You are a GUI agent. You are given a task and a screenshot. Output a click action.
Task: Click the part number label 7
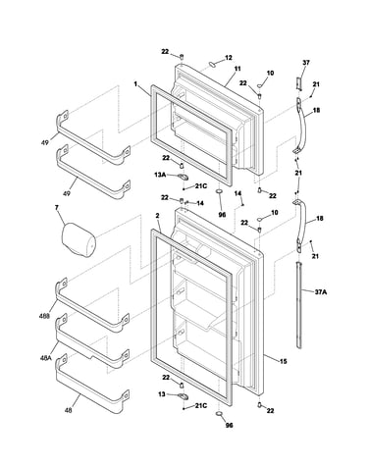tap(57, 208)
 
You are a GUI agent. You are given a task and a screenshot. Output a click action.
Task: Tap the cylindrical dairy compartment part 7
tap(79, 239)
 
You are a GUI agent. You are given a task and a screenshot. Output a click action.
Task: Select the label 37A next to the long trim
tap(321, 292)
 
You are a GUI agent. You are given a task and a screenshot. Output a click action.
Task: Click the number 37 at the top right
tap(306, 62)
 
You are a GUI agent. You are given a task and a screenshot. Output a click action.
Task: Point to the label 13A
tap(160, 175)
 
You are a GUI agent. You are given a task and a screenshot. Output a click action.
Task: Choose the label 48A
tap(46, 358)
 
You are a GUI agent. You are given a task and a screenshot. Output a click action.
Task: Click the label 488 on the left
tap(44, 316)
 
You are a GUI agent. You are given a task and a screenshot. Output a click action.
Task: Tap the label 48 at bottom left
tap(68, 410)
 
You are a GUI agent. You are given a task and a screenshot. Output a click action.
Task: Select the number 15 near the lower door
tap(284, 361)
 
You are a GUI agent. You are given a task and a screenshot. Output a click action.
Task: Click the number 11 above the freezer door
tap(237, 69)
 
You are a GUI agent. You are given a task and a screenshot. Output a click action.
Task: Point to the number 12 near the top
tap(229, 58)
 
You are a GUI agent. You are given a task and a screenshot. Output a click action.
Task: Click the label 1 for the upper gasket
tap(135, 84)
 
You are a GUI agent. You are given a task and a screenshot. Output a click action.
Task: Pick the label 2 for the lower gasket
tap(157, 216)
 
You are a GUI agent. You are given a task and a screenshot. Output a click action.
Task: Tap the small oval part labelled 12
tap(213, 64)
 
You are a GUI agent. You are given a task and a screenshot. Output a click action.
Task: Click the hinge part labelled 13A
tap(183, 177)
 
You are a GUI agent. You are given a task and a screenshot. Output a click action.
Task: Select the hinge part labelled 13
tap(183, 396)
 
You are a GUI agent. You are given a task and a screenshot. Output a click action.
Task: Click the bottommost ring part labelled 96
tap(220, 414)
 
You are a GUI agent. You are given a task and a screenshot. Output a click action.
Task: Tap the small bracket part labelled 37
tap(299, 84)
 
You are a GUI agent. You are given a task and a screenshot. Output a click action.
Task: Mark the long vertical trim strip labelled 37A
tap(298, 305)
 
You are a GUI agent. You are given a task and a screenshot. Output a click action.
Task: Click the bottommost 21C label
tap(201, 406)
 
